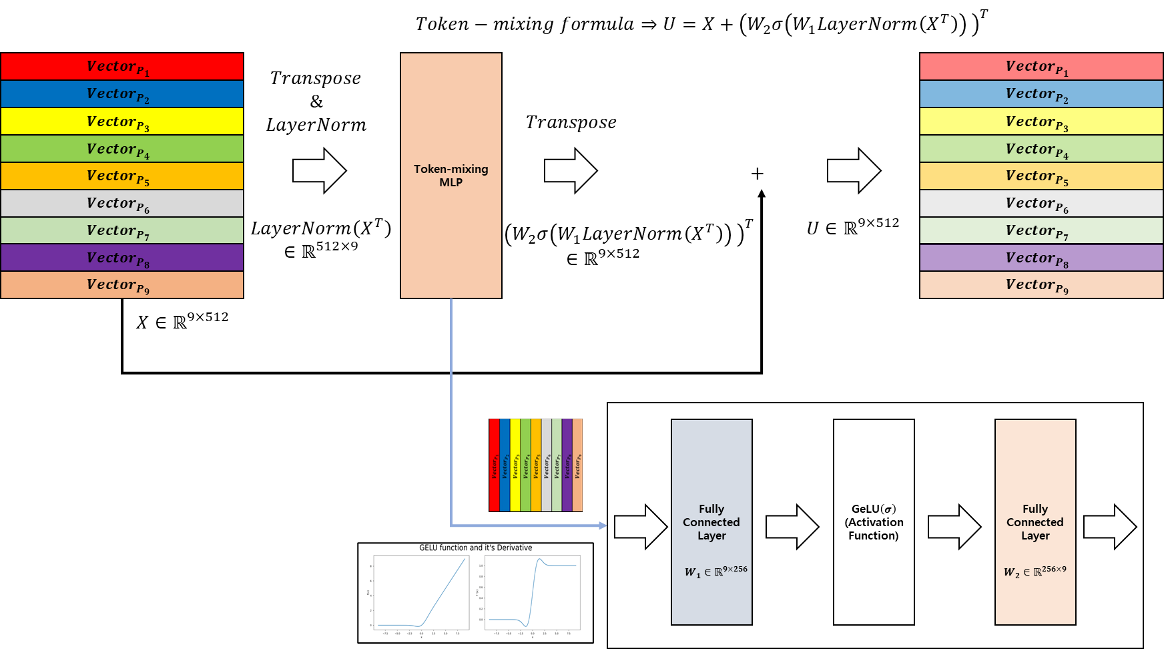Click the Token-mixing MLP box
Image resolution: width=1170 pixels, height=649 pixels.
[x=451, y=176]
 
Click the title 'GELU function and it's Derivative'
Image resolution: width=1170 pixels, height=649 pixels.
[x=475, y=548]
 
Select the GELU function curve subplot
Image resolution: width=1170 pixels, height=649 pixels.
[x=421, y=592]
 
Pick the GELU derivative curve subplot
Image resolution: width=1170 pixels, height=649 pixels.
[x=532, y=592]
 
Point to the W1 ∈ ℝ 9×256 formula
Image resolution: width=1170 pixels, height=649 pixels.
[x=715, y=572]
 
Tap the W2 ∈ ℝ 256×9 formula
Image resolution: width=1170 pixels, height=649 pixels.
[x=1035, y=572]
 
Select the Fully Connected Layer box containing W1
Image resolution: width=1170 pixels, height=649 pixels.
[x=711, y=467]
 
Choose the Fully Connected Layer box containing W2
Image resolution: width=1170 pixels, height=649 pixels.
[x=1035, y=467]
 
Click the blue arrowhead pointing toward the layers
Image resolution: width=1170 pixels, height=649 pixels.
[x=603, y=525]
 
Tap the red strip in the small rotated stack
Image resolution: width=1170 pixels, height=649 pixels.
[x=494, y=465]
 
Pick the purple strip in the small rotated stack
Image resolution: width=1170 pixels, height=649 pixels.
[x=567, y=465]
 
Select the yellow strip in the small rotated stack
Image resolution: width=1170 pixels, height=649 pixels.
[x=515, y=465]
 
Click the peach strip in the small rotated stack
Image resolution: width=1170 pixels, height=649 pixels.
[x=577, y=465]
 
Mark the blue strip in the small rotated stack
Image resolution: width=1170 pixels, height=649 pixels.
[x=505, y=465]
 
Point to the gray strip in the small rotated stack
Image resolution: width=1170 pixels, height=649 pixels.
[x=546, y=465]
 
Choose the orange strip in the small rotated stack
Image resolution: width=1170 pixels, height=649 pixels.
[x=536, y=465]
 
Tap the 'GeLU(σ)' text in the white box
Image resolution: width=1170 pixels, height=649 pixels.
[x=874, y=509]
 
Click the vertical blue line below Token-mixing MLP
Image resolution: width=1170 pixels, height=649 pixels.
[x=451, y=401]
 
